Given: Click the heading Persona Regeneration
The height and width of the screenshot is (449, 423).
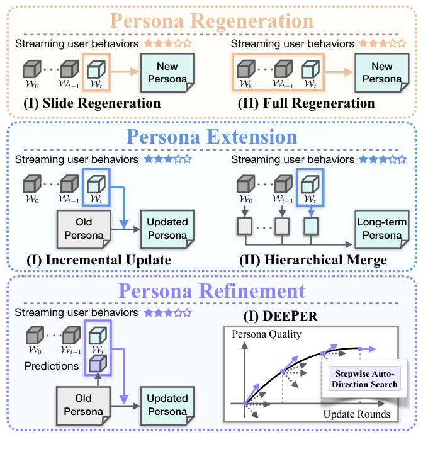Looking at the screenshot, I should [x=211, y=20].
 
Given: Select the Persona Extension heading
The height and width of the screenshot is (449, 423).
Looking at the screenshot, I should [x=212, y=137].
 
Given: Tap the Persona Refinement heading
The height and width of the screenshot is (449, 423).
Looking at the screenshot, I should [x=211, y=291].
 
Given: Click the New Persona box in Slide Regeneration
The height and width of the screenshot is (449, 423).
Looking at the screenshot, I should [x=166, y=73].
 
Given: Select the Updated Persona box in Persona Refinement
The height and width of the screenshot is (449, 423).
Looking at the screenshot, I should [x=166, y=404].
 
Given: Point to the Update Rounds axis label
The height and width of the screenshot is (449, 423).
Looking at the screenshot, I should [x=357, y=414].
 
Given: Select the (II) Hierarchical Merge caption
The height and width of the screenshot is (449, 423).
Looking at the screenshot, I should [x=313, y=259].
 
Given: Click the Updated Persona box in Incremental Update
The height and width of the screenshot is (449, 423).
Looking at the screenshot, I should [x=166, y=228].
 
